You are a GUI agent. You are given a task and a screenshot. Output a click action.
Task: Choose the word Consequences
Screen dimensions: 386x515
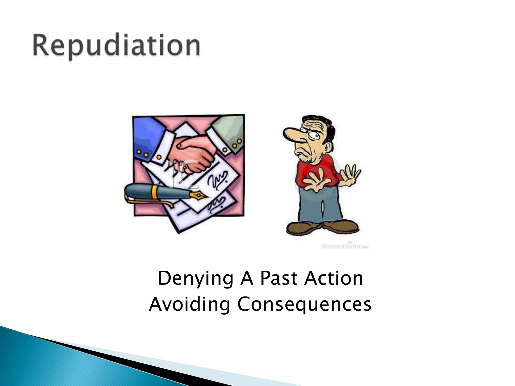[304, 304]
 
